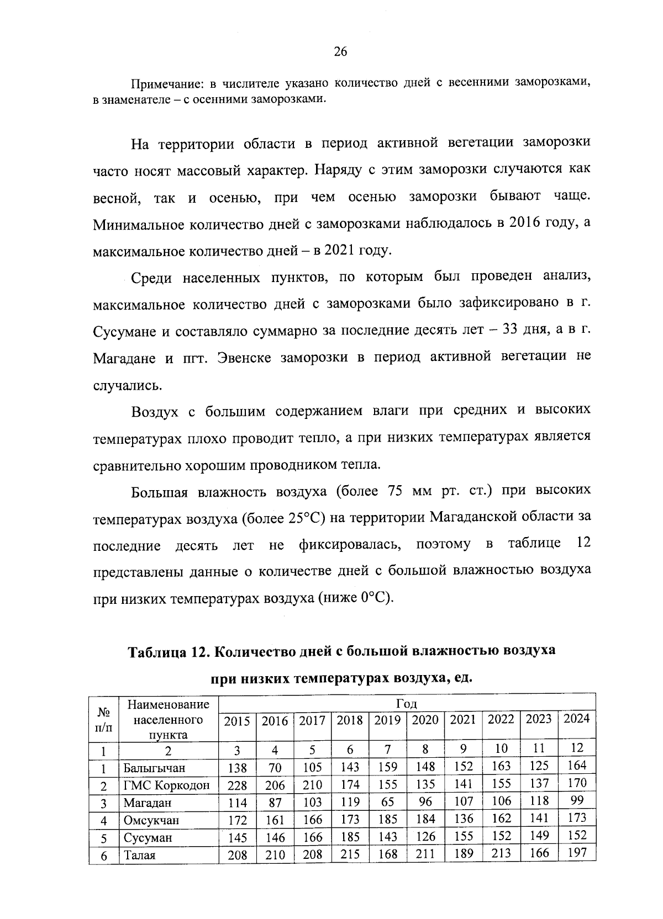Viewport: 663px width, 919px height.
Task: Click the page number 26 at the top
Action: point(340,52)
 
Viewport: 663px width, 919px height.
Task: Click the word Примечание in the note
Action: point(162,84)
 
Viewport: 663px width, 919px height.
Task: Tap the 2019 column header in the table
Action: point(387,720)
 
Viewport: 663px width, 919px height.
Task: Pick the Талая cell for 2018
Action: point(350,855)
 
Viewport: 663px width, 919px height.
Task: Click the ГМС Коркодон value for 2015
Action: point(238,785)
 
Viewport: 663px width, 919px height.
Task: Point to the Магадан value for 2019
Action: point(387,802)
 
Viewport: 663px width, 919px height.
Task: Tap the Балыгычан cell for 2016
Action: point(275,768)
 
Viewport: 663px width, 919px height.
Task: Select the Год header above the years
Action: point(407,704)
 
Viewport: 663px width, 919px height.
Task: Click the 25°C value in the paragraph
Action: point(303,518)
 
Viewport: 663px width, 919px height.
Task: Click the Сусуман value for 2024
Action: point(577,836)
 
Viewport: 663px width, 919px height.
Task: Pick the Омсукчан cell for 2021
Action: point(463,819)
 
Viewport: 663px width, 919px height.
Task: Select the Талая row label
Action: point(140,856)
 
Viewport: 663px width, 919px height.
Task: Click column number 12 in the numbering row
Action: point(577,748)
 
